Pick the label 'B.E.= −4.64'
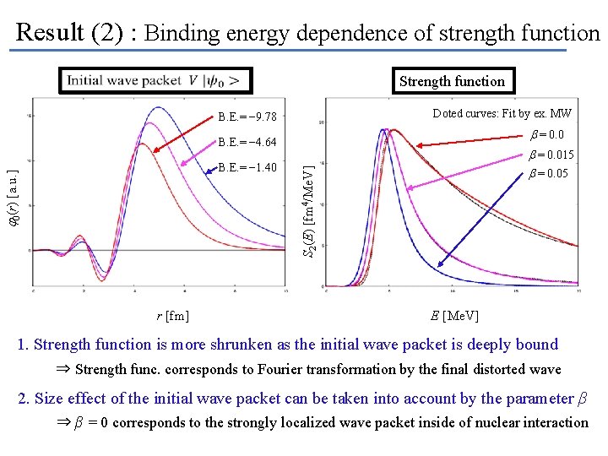pos(247,142)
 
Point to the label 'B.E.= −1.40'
pos(247,167)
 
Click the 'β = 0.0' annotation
pos(546,135)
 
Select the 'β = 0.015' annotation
pos(551,155)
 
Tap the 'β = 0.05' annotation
pos(548,174)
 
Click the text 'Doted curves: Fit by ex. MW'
pos(502,113)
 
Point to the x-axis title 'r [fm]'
pos(172,316)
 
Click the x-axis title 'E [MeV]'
pos(454,316)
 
